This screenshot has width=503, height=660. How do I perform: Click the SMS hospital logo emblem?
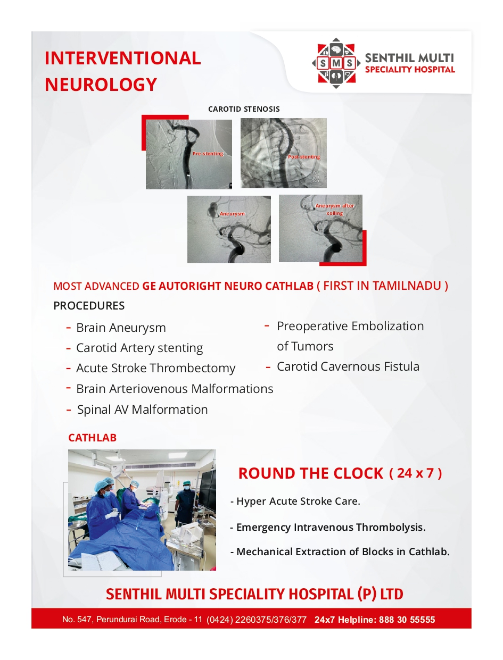point(335,63)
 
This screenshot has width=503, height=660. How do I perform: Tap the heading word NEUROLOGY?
point(101,84)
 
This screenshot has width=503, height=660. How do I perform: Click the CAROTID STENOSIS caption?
point(244,109)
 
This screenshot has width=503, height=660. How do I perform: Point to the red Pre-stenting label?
point(208,154)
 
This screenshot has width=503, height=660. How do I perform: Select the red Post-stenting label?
point(304,157)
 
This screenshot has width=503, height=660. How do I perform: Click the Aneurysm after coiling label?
point(335,210)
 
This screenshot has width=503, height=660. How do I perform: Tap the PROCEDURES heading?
point(89,306)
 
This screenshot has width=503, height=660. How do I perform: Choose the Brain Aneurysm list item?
point(121,328)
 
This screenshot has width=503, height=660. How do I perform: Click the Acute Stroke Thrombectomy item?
point(155,368)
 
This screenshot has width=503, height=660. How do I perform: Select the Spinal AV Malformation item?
point(142,410)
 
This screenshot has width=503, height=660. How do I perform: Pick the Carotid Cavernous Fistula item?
point(348,366)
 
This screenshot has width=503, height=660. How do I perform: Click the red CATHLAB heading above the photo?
point(92,438)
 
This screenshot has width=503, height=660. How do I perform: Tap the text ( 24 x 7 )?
point(415,473)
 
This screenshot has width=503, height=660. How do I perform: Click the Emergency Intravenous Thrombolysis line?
point(331,527)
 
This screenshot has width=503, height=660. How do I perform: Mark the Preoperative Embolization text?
point(350,326)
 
